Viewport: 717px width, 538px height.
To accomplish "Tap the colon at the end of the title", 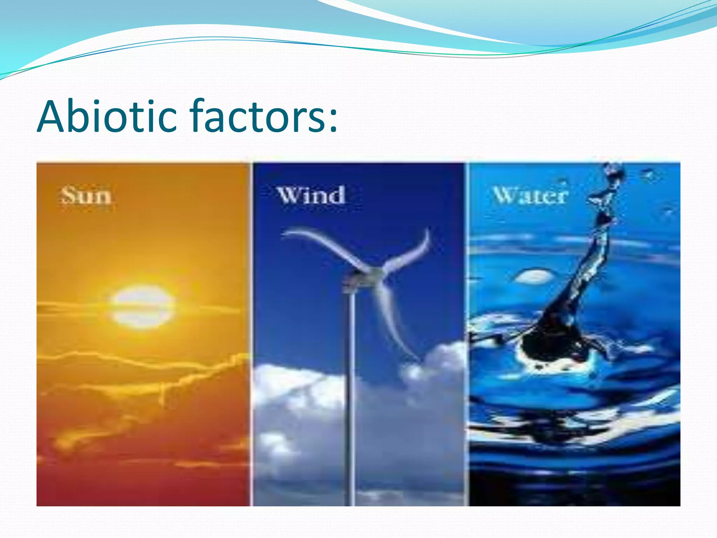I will click(x=333, y=119).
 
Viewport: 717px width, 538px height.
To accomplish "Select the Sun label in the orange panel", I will click(x=86, y=195).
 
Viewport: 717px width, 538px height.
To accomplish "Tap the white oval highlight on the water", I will click(x=534, y=277).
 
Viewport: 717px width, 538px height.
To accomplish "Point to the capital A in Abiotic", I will click(x=53, y=116).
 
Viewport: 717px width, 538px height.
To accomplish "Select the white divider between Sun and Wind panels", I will click(x=251, y=333).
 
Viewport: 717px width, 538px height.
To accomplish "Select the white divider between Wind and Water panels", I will click(x=466, y=333).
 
